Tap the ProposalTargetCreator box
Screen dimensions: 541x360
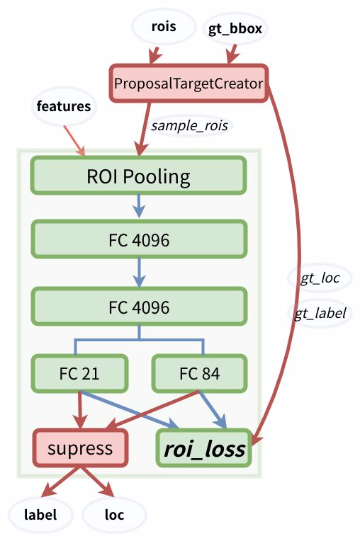tap(189, 84)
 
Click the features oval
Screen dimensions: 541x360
tap(64, 107)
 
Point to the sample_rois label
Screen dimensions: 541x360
tap(189, 125)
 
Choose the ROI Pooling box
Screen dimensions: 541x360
tap(138, 175)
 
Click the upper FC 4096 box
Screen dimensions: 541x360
tap(138, 240)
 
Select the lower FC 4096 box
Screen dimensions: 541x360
tap(138, 307)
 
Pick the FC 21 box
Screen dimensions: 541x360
tap(79, 372)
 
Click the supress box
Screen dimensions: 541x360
tap(79, 448)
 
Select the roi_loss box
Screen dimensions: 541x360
tap(204, 449)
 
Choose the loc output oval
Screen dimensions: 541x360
tap(114, 515)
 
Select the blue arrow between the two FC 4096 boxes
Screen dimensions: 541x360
tap(139, 273)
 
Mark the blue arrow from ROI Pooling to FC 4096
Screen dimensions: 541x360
tap(139, 206)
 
